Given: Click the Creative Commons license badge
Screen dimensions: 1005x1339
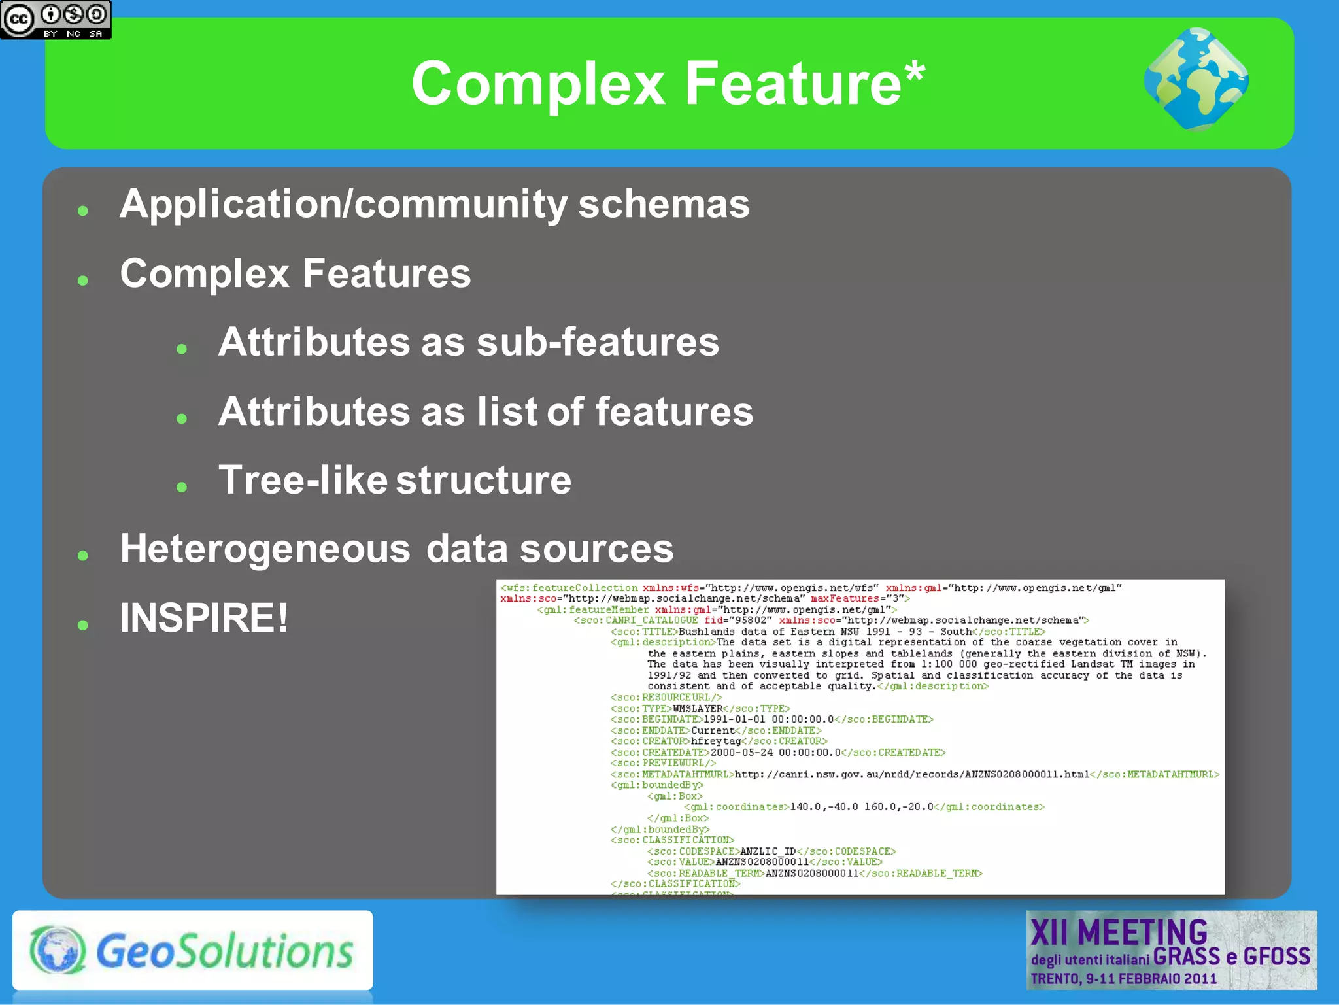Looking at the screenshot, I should (56, 20).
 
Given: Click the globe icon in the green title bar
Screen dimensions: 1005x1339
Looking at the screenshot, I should (1196, 80).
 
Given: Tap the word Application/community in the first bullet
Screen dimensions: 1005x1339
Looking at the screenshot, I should (343, 205).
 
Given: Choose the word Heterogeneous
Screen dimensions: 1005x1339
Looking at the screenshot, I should (265, 549).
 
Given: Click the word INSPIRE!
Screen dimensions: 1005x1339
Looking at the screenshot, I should (204, 618).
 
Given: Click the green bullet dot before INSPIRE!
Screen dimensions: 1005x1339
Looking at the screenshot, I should (82, 625).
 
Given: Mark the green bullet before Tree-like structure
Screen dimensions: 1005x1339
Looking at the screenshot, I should (182, 487).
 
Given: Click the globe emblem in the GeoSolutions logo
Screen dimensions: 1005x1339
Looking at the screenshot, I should (58, 950).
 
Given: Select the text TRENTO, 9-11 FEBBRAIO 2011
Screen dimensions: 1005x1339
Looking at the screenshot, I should (1123, 979).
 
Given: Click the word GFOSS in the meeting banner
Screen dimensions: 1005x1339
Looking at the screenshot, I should (1276, 957).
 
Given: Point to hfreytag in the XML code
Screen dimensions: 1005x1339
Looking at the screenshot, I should (716, 741).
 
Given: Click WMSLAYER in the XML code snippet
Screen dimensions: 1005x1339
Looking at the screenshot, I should (698, 709).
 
